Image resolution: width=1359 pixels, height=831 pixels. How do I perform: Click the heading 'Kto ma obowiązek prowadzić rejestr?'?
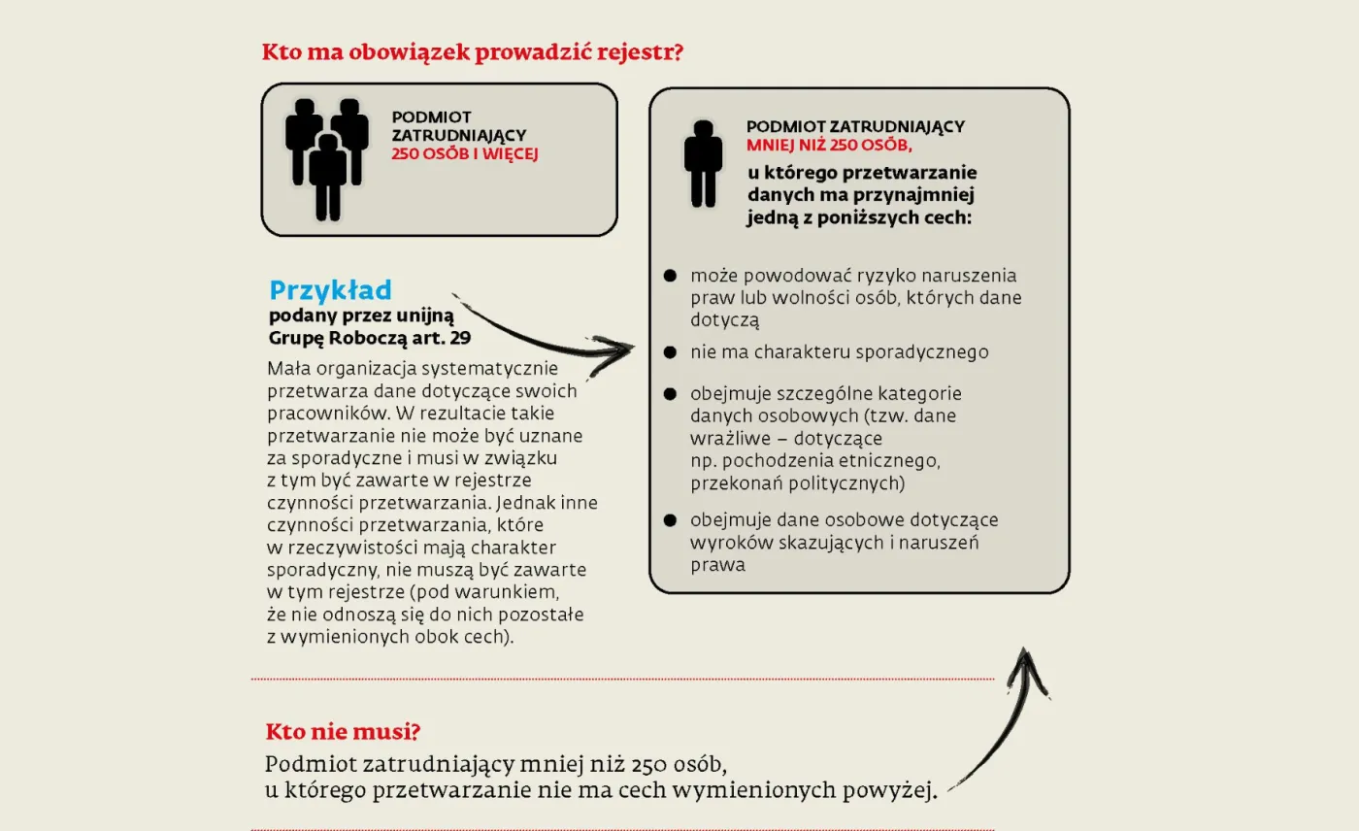473,51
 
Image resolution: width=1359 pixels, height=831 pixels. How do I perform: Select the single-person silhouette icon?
703,163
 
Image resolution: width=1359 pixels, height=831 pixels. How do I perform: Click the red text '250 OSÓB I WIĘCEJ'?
464,153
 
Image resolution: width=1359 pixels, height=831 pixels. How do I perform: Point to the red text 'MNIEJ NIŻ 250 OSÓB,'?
830,146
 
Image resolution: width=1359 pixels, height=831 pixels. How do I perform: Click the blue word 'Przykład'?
330,290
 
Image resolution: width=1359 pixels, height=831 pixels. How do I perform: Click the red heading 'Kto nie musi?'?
343,732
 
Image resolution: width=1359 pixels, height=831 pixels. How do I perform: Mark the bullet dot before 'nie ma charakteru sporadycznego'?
670,352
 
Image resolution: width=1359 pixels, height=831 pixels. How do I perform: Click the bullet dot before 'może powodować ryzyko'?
670,277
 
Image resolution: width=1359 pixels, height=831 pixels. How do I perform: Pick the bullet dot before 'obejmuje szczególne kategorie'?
670,395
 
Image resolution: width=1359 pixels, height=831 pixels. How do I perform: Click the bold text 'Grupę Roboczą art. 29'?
359,338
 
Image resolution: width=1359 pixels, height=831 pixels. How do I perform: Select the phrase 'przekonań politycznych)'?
798,482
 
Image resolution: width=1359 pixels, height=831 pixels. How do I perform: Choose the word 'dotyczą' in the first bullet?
724,319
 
